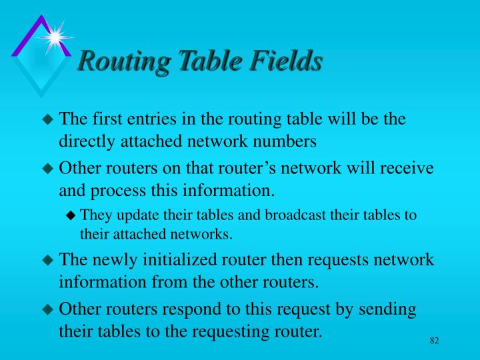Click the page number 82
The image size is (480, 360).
click(435, 341)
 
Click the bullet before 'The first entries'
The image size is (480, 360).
click(47, 121)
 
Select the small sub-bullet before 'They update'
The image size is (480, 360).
click(72, 215)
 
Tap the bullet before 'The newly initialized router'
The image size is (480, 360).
click(47, 261)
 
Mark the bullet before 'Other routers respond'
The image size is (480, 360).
click(47, 310)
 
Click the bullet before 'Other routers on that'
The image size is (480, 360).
click(47, 169)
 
